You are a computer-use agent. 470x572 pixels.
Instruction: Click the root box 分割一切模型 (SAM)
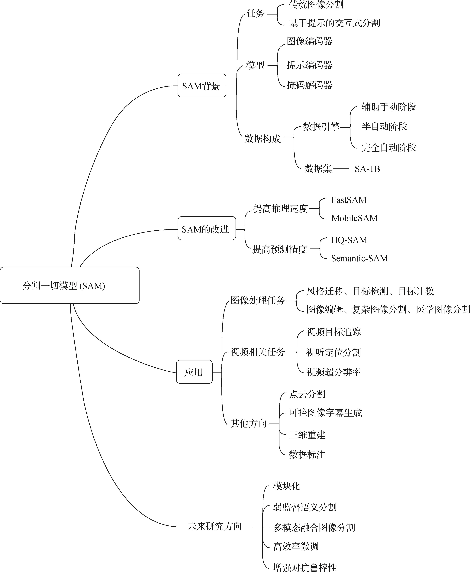(x=70, y=285)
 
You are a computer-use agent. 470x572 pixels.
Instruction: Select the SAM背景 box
(x=202, y=86)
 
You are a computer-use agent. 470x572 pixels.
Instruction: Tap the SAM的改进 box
(x=207, y=229)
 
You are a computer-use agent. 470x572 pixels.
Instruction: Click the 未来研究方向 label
(x=214, y=526)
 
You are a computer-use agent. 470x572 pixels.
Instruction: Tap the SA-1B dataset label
(x=367, y=169)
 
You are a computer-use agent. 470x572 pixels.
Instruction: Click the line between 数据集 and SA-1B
(x=341, y=169)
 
